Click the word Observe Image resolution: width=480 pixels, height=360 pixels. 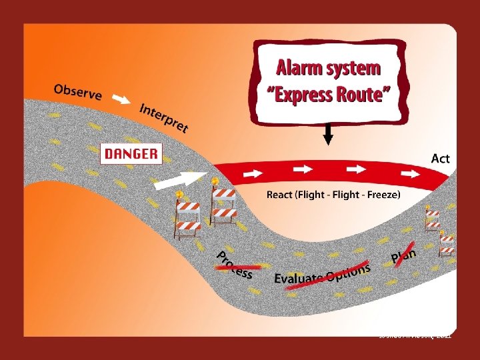click(x=77, y=92)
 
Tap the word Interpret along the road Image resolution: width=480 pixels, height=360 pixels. click(x=163, y=117)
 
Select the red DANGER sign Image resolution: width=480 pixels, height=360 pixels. click(x=131, y=155)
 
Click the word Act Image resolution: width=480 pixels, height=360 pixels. click(x=440, y=159)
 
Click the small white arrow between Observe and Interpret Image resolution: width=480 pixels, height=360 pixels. click(x=121, y=100)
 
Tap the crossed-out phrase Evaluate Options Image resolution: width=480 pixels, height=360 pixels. click(x=323, y=275)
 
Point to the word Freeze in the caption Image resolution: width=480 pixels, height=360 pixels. click(x=381, y=195)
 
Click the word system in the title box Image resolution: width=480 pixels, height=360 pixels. click(x=353, y=69)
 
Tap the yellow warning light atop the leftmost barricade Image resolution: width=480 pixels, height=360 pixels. click(x=179, y=195)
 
